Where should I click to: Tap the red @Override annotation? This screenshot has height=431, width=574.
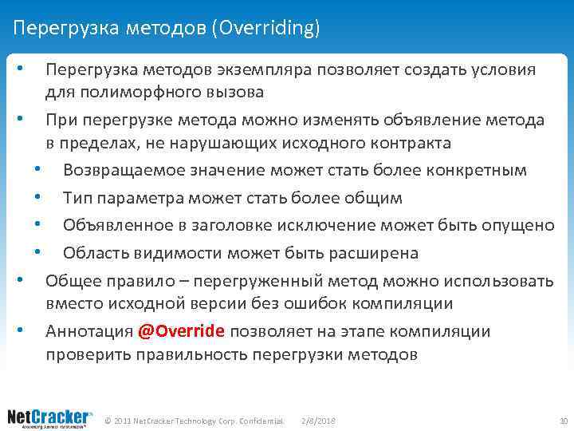tap(181, 331)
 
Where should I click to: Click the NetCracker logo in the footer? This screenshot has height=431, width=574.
tap(49, 418)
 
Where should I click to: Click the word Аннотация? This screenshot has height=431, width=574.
tap(88, 331)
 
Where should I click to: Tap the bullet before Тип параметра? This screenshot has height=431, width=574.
tap(37, 197)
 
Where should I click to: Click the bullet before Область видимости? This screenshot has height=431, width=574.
tap(37, 253)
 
